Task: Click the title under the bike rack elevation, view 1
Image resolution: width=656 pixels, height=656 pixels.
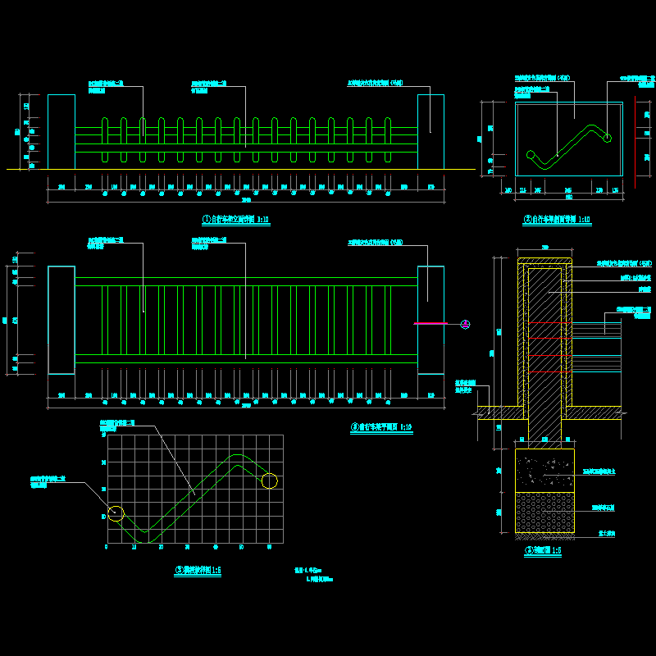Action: [236, 220]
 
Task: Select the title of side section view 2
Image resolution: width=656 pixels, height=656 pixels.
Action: [557, 220]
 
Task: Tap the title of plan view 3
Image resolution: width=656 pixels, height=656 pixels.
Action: [381, 427]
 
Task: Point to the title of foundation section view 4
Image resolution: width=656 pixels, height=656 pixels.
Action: [544, 551]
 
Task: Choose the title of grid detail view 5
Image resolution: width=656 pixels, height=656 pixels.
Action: [198, 570]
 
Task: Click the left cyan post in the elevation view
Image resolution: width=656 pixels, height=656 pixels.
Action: [61, 132]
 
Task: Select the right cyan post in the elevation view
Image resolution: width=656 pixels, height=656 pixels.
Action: [430, 132]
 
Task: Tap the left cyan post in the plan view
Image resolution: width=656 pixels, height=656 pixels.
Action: [61, 320]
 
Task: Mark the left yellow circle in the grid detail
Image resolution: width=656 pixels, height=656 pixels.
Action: [116, 513]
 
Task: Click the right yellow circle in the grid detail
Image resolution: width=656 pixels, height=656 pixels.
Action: [269, 481]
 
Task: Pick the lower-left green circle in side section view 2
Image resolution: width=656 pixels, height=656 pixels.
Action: [531, 153]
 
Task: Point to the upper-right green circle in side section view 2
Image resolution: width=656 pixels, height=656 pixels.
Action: [608, 138]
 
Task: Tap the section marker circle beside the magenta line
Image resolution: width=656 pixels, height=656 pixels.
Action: [465, 324]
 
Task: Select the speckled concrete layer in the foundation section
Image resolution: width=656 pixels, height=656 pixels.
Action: [544, 471]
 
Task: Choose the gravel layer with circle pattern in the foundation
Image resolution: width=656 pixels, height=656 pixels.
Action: [544, 512]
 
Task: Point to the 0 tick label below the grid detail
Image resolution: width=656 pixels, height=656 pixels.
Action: [107, 546]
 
